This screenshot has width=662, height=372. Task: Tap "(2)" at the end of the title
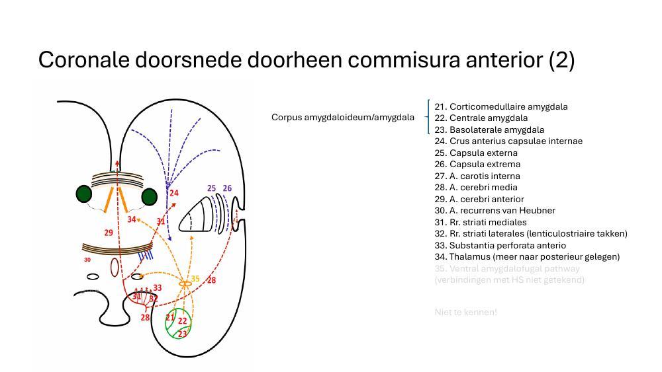coord(561,60)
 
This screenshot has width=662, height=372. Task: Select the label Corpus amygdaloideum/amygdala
coord(342,118)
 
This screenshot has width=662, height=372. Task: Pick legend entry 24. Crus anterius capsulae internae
coord(508,141)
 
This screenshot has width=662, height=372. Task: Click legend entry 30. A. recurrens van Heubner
coord(495,210)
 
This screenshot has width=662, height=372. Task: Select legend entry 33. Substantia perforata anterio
coord(500,245)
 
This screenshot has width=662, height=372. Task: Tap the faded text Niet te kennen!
coord(465,312)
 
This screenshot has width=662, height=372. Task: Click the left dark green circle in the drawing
coord(83,194)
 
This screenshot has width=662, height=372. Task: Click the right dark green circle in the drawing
coord(149,196)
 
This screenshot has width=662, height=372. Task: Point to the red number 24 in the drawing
coord(174,193)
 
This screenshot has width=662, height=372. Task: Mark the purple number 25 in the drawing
coord(211,188)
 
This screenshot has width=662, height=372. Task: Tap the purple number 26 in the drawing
coord(227,188)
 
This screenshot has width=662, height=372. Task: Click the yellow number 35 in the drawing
coord(195,279)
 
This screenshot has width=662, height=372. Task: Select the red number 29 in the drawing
coord(109,233)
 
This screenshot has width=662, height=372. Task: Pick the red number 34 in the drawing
coord(132,219)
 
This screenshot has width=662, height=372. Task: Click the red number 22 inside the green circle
coord(183,321)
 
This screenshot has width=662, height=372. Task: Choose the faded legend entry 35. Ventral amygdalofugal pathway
coord(507,268)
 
